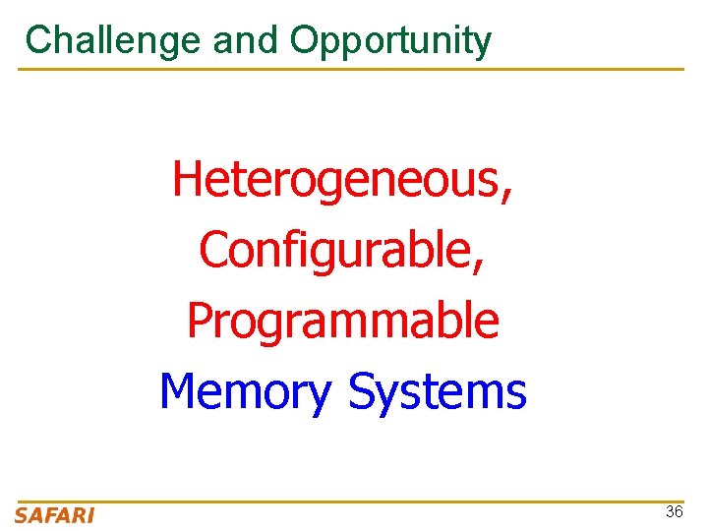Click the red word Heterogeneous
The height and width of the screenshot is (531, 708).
click(334, 180)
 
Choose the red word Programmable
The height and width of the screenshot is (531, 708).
click(342, 322)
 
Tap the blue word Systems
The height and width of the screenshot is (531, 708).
click(438, 391)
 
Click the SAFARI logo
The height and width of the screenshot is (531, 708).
click(55, 515)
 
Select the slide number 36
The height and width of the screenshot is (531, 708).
click(675, 511)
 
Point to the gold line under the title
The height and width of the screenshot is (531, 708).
click(350, 69)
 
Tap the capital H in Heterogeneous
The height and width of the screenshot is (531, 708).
click(187, 180)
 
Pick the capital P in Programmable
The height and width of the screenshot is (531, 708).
click(199, 321)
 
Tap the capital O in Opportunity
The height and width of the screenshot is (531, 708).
click(303, 40)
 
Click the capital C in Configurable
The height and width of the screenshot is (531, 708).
click(212, 250)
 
